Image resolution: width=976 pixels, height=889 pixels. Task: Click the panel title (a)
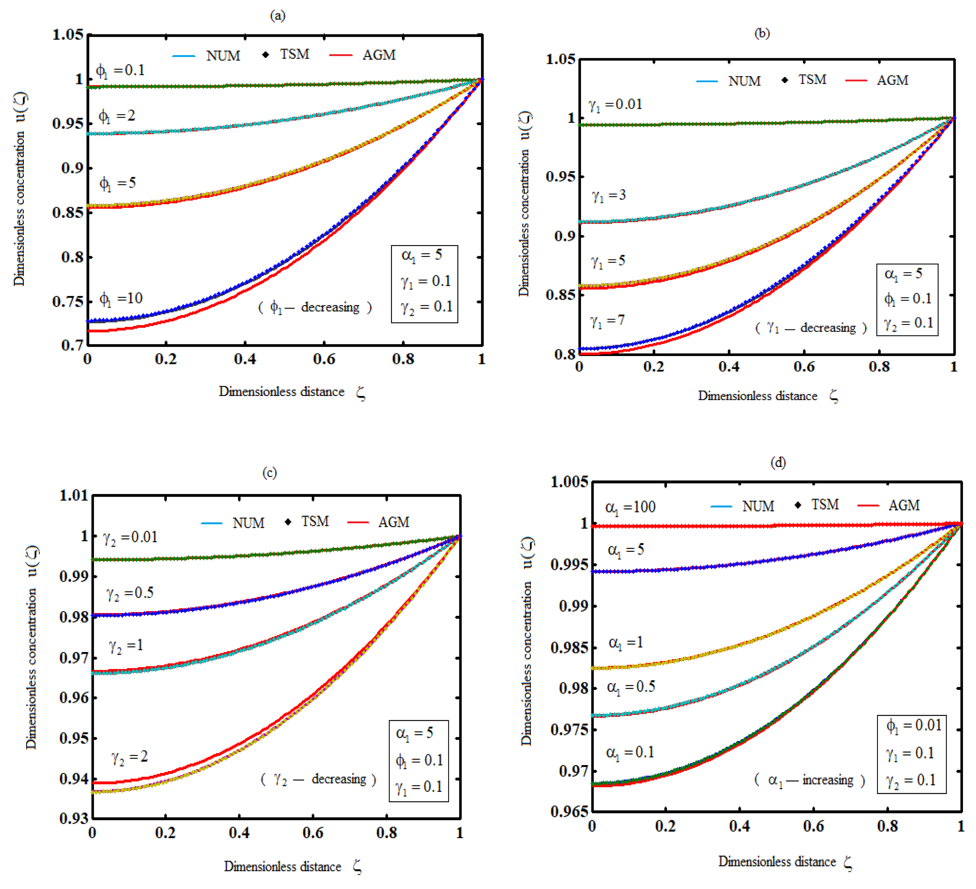click(x=277, y=16)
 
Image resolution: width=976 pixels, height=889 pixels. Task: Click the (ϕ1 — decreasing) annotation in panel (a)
click(x=315, y=307)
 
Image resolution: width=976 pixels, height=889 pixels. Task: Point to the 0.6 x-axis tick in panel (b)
click(x=804, y=367)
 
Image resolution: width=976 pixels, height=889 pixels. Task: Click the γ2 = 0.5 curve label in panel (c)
click(x=130, y=593)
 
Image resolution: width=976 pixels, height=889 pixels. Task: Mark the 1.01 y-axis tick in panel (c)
click(x=74, y=495)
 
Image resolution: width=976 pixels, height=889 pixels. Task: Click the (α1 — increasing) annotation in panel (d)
click(x=809, y=780)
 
